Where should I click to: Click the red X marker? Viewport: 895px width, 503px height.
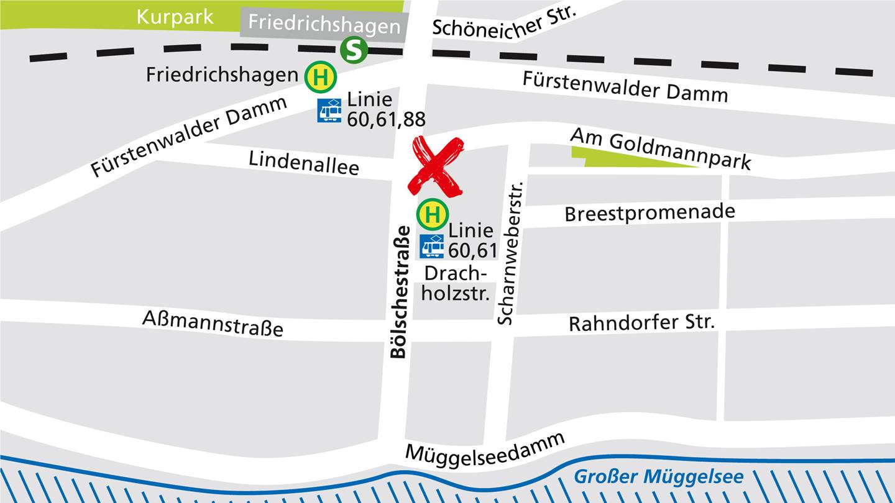436,166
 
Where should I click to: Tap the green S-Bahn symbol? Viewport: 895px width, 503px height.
354,50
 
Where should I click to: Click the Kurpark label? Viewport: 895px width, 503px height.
175,16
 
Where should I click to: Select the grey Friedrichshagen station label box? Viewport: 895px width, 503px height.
324,24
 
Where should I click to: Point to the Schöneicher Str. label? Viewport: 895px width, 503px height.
505,20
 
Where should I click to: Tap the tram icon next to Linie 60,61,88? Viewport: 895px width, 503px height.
329,111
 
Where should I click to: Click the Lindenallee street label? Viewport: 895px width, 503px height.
304,162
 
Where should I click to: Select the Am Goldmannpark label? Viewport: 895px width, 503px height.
661,148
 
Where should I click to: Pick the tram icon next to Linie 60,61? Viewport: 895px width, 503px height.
432,246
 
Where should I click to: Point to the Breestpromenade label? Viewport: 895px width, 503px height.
649,212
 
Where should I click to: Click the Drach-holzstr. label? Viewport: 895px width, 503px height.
456,283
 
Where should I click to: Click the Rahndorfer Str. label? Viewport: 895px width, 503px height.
641,323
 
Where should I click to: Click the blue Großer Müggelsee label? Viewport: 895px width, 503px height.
658,477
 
